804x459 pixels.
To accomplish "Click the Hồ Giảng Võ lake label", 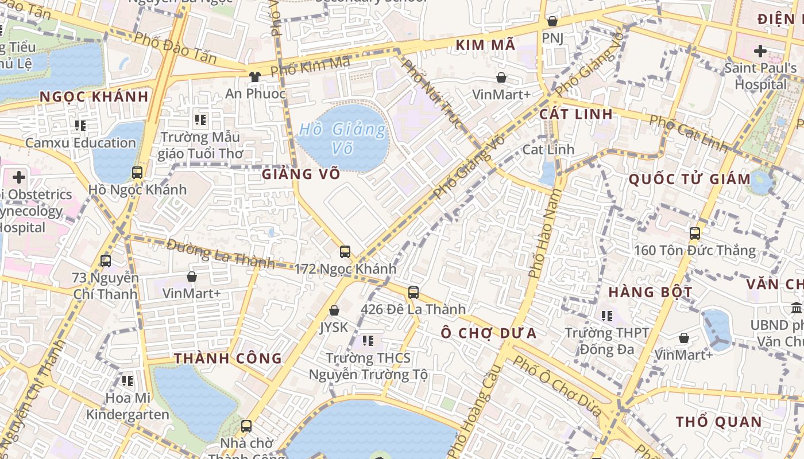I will click(342, 138).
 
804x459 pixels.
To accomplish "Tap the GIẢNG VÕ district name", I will click(301, 174).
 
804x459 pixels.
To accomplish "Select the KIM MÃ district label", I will click(485, 45).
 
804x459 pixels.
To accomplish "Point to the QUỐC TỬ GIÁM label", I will click(690, 179).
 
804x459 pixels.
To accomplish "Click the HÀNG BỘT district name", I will click(651, 292).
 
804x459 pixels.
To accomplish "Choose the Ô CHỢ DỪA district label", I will click(489, 333).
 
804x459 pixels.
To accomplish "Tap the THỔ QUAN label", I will click(718, 422).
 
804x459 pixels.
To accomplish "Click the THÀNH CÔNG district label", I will click(228, 359).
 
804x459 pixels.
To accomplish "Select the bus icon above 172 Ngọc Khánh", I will click(345, 251).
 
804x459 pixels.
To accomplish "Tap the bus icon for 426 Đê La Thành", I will click(413, 292).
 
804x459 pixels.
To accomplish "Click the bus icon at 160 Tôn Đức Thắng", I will click(695, 233).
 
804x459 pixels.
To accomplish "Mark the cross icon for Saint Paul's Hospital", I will click(760, 51).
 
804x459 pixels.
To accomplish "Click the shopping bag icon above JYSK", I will click(334, 310).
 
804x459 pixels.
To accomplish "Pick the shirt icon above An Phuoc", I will click(255, 76).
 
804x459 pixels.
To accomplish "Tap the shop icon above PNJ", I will click(552, 21).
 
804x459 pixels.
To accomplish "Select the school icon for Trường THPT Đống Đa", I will click(607, 315).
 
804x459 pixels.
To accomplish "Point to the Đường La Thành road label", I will click(221, 253).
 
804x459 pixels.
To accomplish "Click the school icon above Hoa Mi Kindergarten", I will click(127, 380).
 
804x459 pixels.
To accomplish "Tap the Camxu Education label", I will click(80, 143).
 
